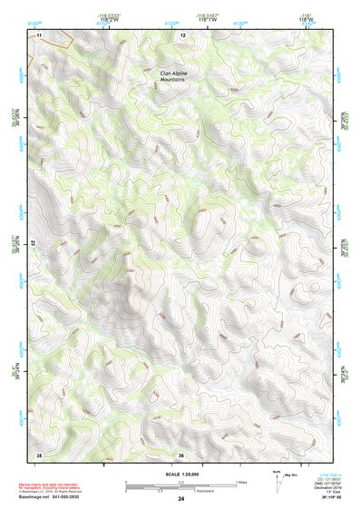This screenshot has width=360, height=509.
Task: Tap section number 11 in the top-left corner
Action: [x=39, y=34]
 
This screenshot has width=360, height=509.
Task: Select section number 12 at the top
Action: [x=182, y=34]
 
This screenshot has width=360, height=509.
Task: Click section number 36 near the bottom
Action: [x=181, y=455]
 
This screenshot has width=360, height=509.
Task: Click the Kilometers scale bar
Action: [x=180, y=489]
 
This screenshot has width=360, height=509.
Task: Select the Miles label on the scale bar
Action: [x=240, y=482]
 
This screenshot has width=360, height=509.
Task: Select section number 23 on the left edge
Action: [x=32, y=243]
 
